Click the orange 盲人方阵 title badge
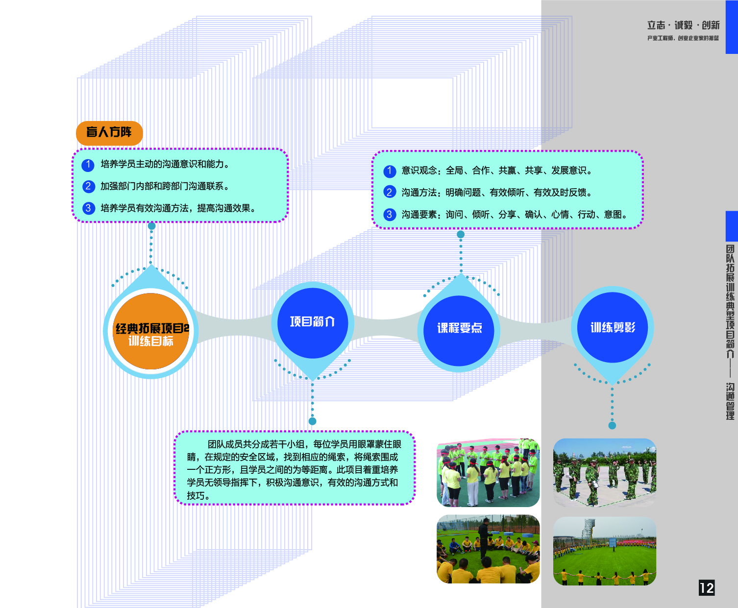pos(109,132)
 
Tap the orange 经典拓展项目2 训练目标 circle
pos(151,332)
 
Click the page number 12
pos(706,588)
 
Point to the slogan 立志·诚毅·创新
pos(683,25)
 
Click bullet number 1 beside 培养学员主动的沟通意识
pos(88,165)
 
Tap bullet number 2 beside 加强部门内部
pos(88,187)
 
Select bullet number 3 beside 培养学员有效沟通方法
pos(88,208)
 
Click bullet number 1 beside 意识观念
pos(390,171)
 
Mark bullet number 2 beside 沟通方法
pos(390,193)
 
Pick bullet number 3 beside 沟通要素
pos(390,215)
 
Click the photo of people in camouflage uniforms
pos(604,473)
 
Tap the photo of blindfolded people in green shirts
pos(488,473)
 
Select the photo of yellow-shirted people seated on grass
pos(488,549)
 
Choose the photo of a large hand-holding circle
pos(604,551)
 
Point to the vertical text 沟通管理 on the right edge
pos(730,402)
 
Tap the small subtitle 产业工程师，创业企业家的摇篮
pos(683,38)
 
